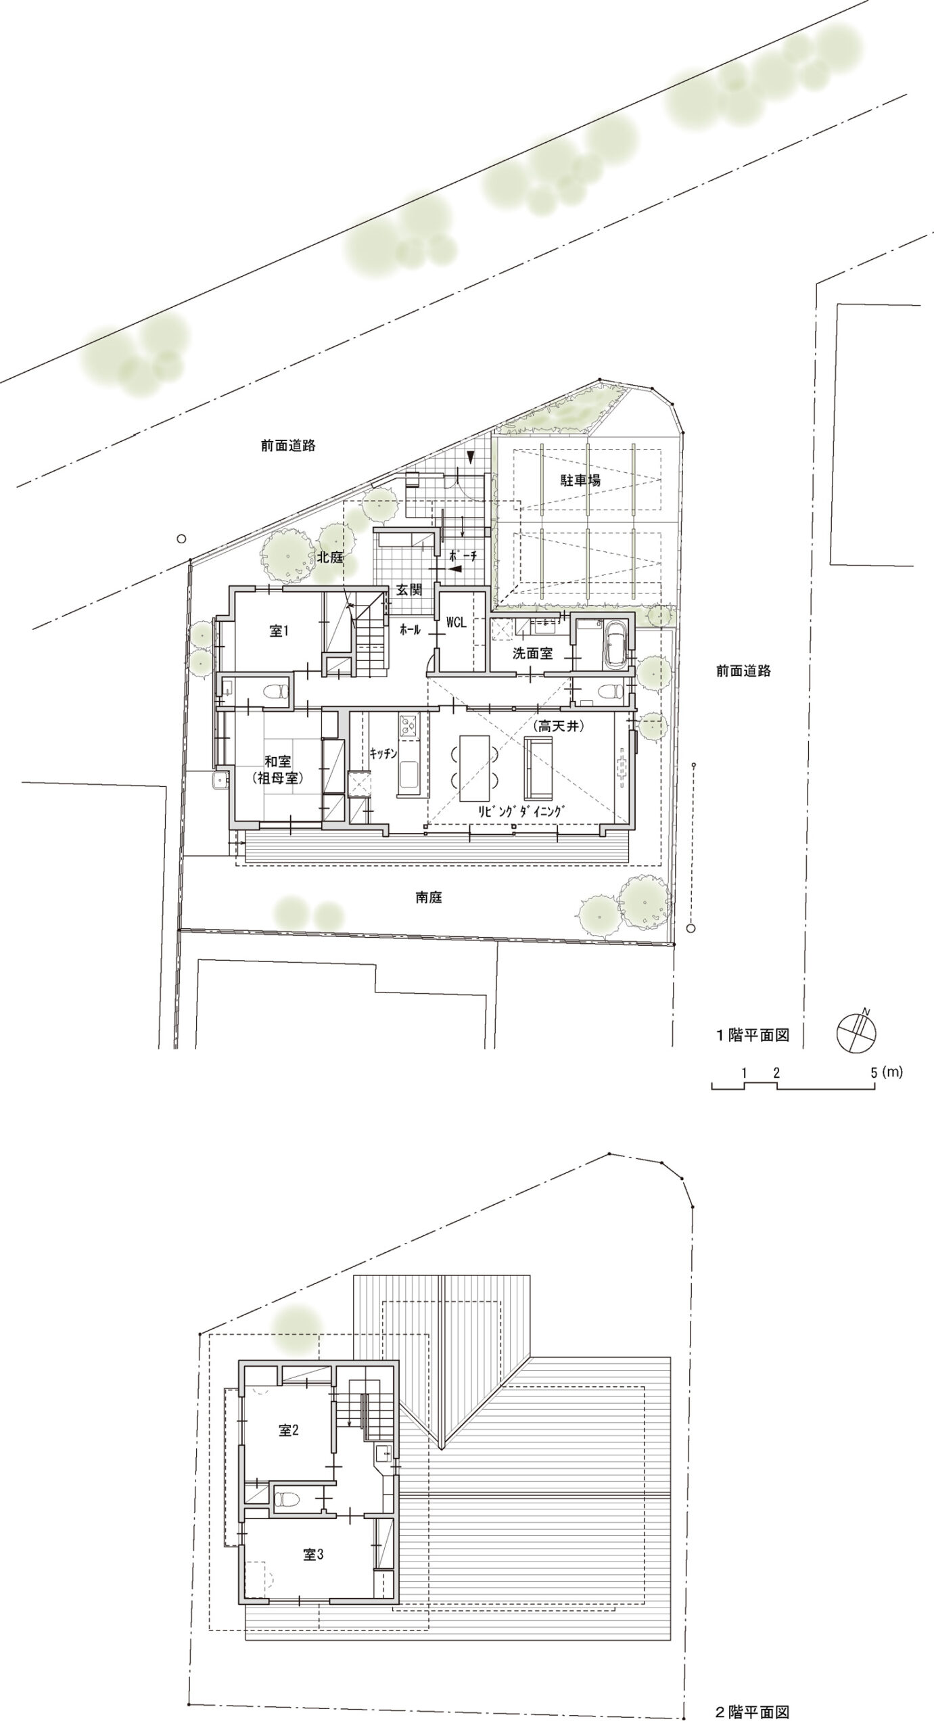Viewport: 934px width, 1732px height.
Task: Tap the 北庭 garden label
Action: click(x=331, y=557)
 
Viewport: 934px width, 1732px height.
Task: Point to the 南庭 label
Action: click(x=429, y=898)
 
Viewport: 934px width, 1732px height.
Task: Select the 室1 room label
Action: click(x=279, y=631)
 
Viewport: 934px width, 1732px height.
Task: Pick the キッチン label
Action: click(x=383, y=754)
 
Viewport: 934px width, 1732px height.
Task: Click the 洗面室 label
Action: click(x=532, y=654)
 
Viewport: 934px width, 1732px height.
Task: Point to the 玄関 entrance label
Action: click(x=408, y=590)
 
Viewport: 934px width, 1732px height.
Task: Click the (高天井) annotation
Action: click(x=558, y=726)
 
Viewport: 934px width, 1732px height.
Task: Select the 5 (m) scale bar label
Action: click(x=887, y=1072)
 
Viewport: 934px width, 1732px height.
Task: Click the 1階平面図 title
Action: click(x=753, y=1035)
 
